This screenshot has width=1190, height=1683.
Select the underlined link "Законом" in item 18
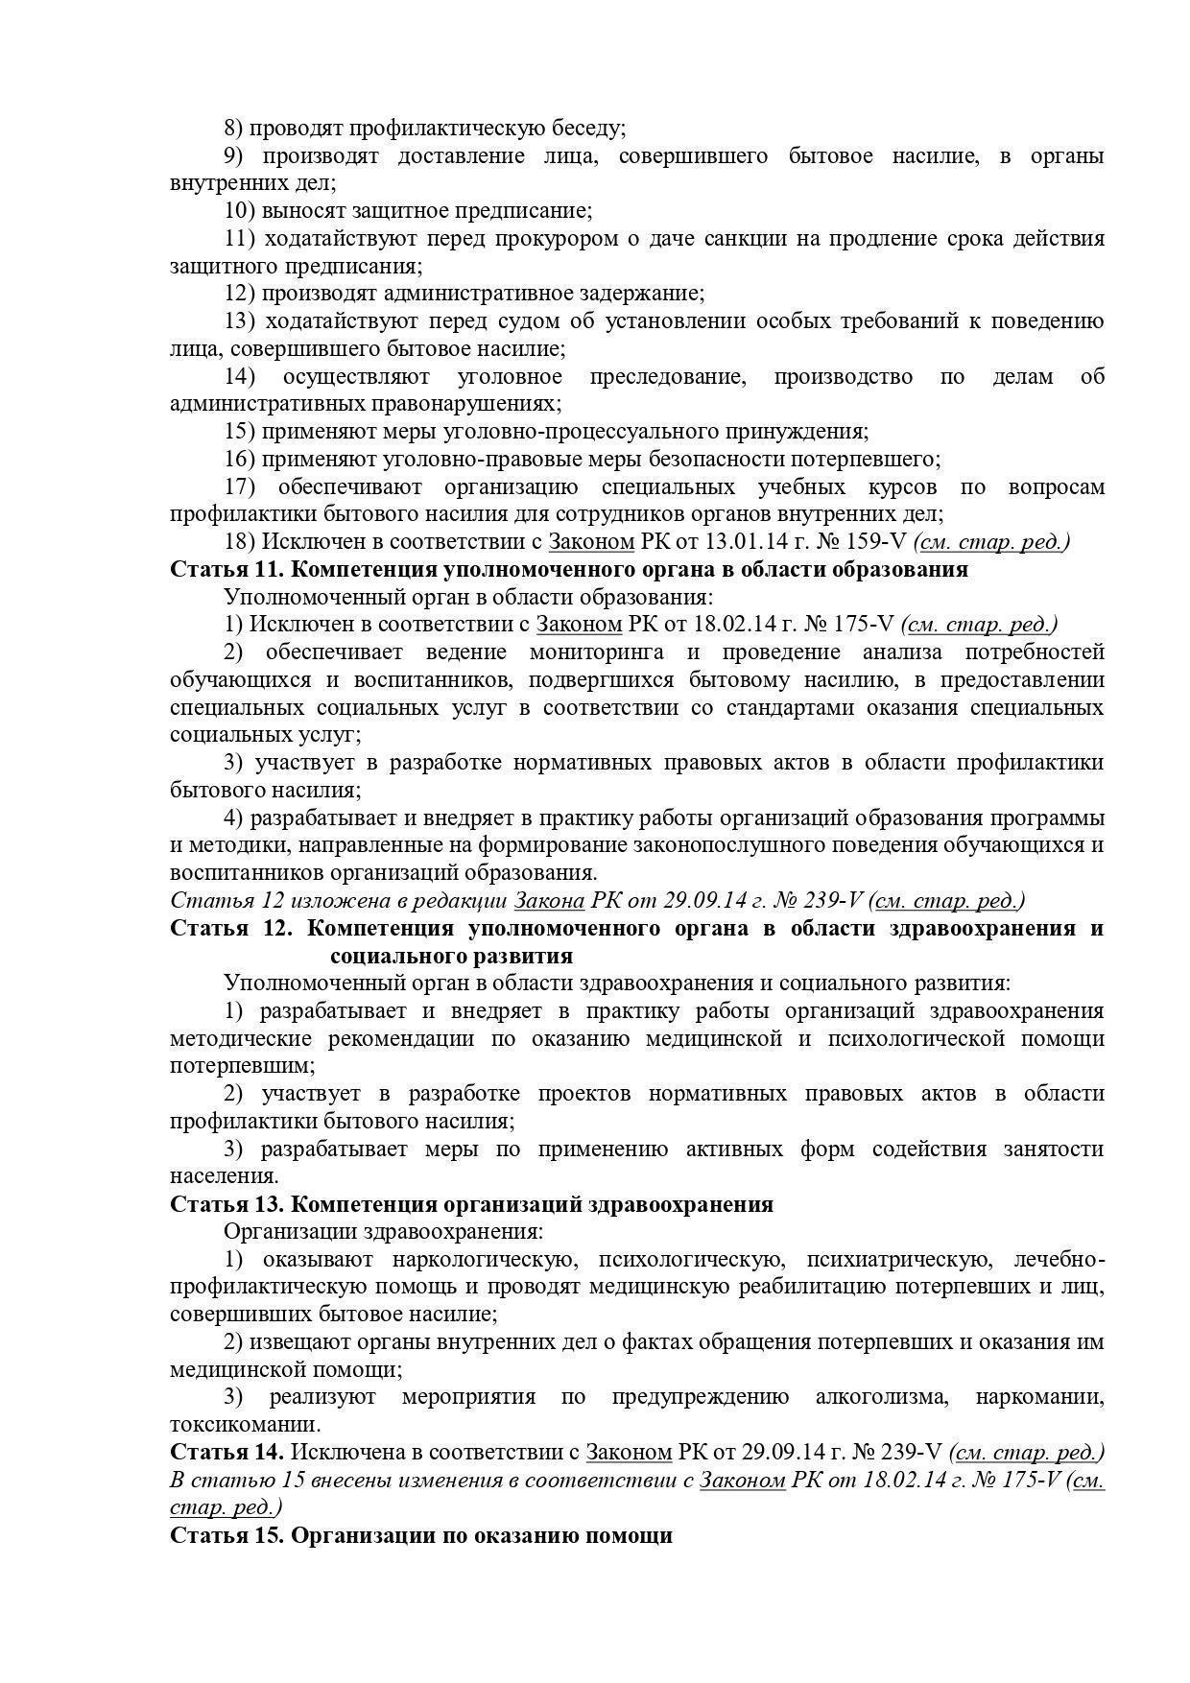[591, 542]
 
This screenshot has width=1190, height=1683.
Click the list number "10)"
[239, 210]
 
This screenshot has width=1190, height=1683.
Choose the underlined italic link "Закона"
[550, 901]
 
